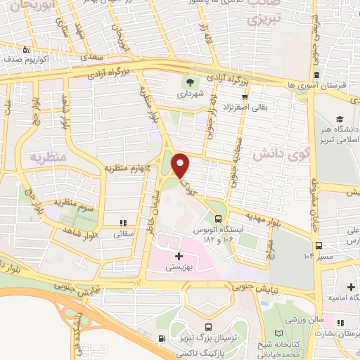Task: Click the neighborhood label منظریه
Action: point(47,156)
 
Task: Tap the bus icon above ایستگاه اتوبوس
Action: point(218,218)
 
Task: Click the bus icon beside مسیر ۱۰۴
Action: point(320,245)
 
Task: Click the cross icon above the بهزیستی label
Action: point(178,256)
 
